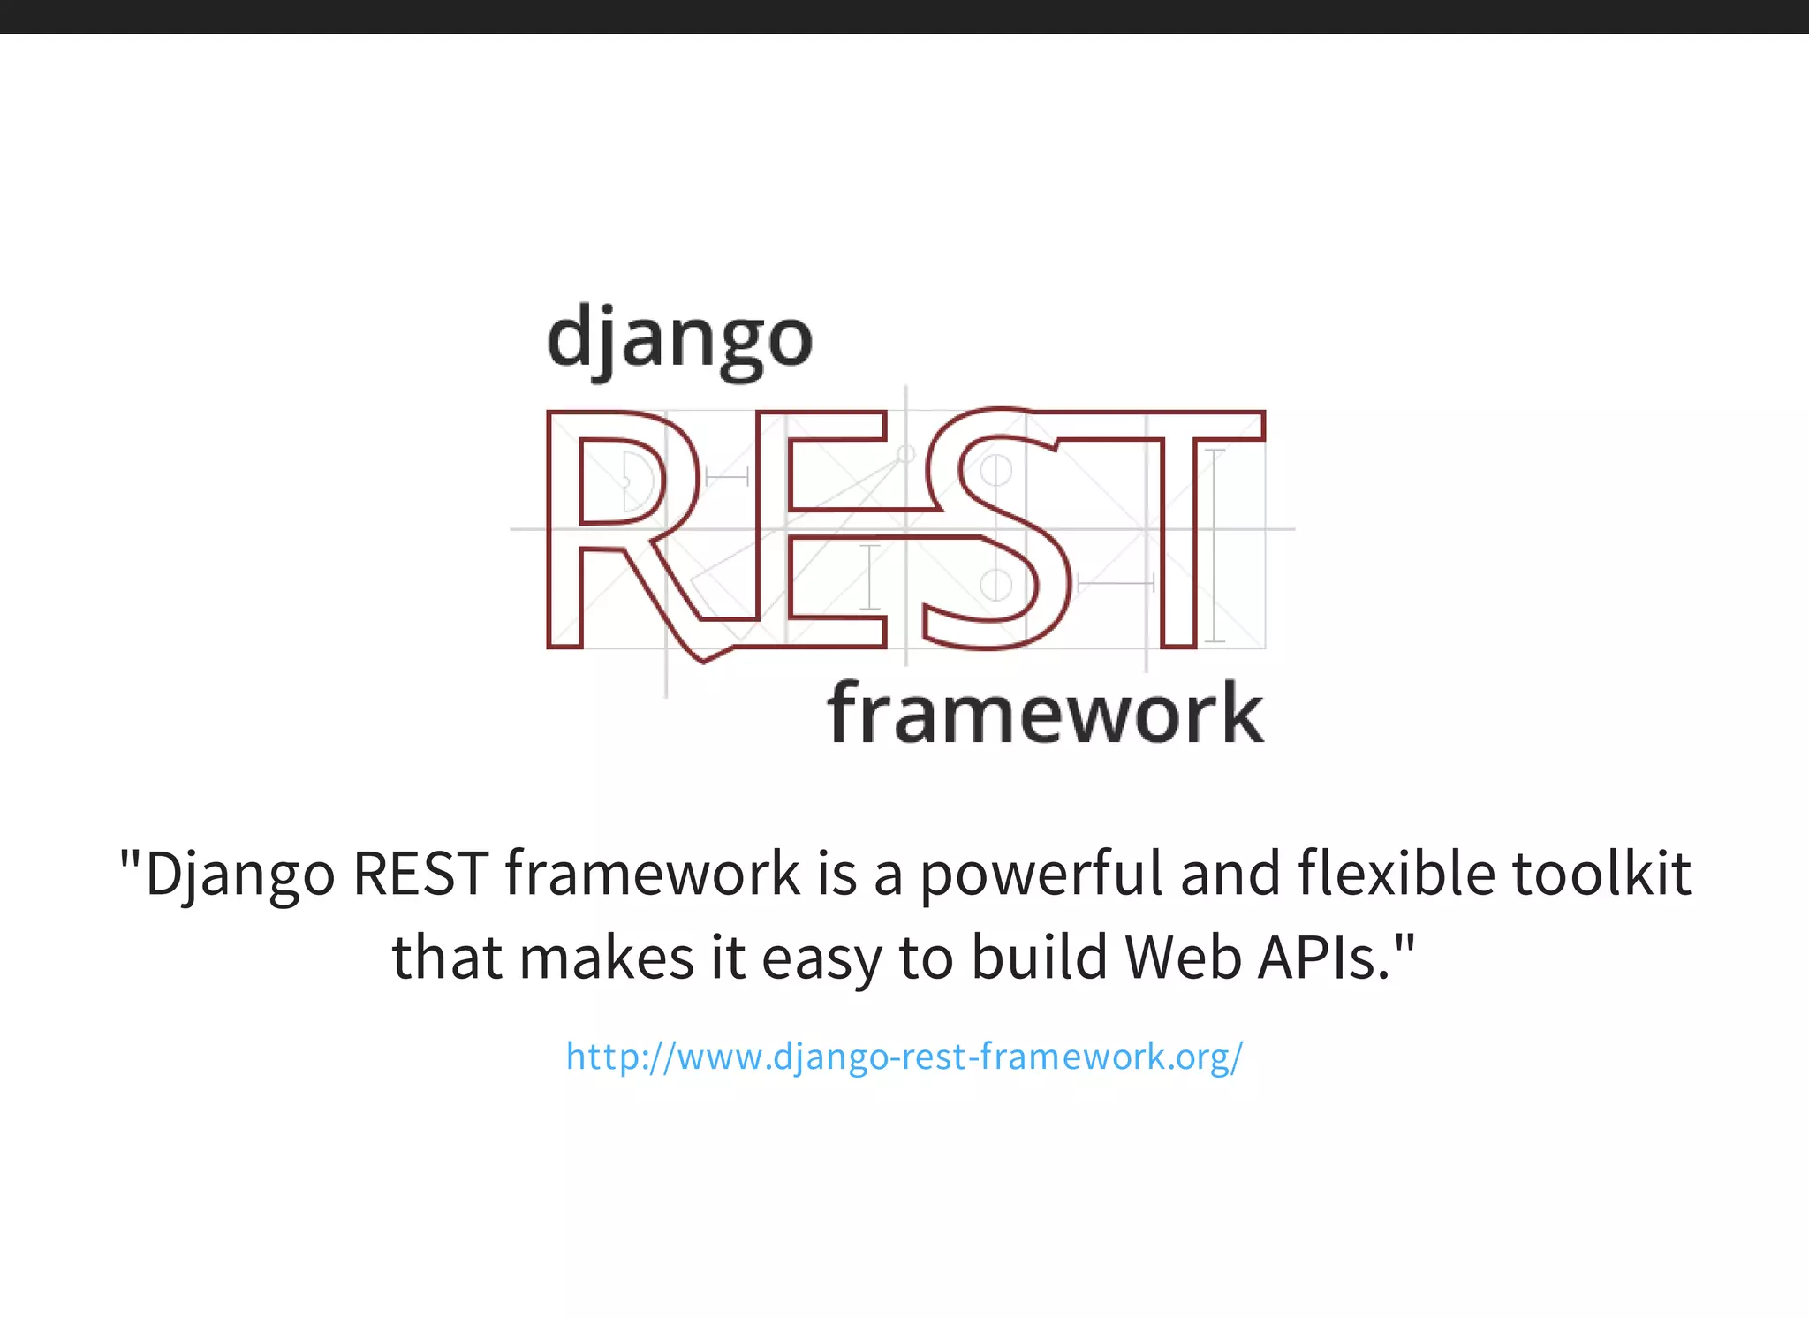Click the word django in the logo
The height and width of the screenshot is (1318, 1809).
(679, 340)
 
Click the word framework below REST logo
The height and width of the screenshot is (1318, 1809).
(1045, 715)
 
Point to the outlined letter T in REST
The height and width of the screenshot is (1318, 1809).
(1178, 530)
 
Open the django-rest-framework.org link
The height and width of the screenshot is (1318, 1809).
(904, 1057)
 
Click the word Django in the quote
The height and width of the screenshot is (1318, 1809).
(239, 875)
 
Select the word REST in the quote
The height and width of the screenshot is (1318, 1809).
(420, 875)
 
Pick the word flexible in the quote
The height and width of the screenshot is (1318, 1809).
(1396, 875)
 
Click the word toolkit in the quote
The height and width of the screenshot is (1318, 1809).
(1601, 875)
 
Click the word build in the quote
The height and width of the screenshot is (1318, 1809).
(1039, 958)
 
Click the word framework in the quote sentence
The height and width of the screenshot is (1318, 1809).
(652, 875)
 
